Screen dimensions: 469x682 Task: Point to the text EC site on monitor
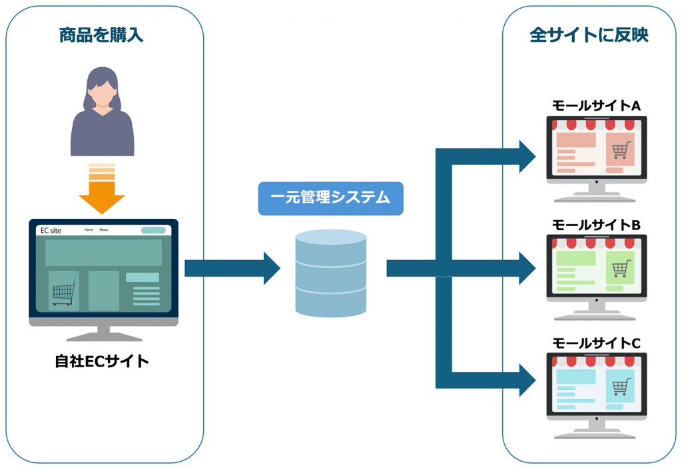tap(51, 230)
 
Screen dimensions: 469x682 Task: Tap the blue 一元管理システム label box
tap(330, 198)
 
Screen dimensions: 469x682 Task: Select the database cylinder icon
tap(331, 273)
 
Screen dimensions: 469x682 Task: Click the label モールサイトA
tap(596, 106)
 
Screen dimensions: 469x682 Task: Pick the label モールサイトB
tap(596, 226)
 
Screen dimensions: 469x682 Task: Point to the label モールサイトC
tap(596, 343)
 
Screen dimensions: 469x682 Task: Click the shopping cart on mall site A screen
tap(621, 152)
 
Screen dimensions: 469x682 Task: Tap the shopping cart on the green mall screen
tap(621, 269)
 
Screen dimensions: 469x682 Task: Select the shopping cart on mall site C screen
tap(621, 387)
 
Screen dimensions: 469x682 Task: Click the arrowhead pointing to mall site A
tap(527, 156)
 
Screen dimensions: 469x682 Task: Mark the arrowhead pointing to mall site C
tap(527, 381)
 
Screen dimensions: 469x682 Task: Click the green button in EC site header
tap(153, 230)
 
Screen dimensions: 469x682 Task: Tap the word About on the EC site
tap(104, 230)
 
